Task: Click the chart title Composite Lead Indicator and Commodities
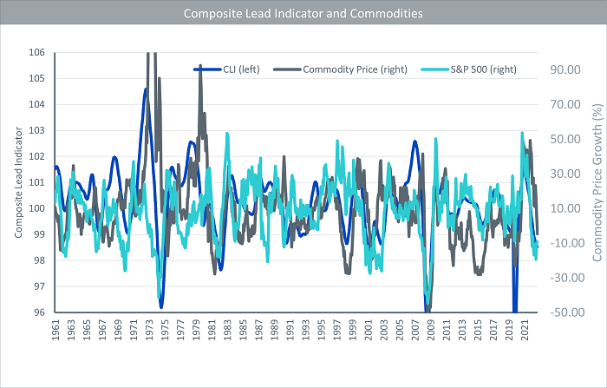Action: pos(303,14)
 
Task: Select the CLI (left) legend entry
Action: pos(227,69)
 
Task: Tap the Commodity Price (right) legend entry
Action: pos(340,69)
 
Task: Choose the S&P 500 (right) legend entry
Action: pos(469,69)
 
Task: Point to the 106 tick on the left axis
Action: pos(36,52)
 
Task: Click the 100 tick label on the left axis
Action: pos(36,208)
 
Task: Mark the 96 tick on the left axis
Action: pos(40,312)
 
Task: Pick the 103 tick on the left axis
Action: pos(36,130)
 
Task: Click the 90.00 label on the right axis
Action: pos(565,69)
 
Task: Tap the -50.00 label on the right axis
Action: pos(567,312)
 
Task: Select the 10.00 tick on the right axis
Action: pos(565,208)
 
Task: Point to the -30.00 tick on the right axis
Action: pos(567,278)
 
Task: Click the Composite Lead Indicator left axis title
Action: pos(18,182)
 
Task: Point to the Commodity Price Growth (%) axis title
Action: pos(597,182)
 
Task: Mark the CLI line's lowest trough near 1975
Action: pos(161,307)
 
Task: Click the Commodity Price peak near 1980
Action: pos(200,66)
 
